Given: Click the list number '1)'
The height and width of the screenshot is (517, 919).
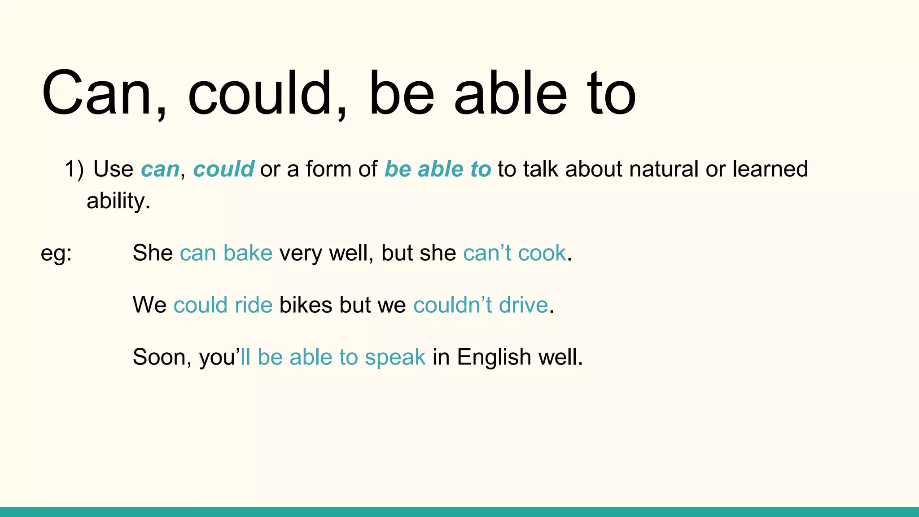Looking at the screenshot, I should coord(74,170).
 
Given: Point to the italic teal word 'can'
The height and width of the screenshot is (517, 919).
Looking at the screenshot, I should coord(160,170).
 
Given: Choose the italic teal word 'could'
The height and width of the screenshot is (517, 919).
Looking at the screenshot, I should coord(223,170).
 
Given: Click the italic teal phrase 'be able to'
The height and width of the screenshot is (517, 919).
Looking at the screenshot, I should coord(438,170).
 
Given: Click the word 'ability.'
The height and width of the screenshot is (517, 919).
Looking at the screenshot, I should coord(118,201).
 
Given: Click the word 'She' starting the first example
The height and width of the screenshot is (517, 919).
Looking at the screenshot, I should coord(153,253).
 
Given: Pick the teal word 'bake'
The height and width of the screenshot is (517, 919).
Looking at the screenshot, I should coord(248,253).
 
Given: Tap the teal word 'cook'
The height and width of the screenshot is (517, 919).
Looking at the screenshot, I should coord(542,253).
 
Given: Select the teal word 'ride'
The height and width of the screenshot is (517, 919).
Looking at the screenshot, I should coord(254,305).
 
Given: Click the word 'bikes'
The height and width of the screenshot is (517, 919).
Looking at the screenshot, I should coord(306,305).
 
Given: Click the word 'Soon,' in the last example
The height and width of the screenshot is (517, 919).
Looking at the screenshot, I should coord(162,358).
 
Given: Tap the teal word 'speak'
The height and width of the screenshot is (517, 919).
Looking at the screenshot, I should coord(395,358).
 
